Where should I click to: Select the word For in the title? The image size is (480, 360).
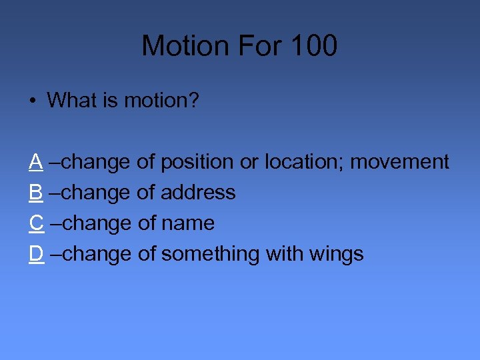coord(253,46)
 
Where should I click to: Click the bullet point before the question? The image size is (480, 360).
coord(32,101)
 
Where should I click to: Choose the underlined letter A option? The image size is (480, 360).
coord(36,162)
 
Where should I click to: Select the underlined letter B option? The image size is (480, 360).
coord(36,193)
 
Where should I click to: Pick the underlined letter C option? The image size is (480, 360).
coord(37,223)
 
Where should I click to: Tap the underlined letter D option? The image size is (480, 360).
coord(37,254)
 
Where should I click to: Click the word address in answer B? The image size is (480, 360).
coord(198,193)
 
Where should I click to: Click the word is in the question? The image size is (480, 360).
coord(107,101)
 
